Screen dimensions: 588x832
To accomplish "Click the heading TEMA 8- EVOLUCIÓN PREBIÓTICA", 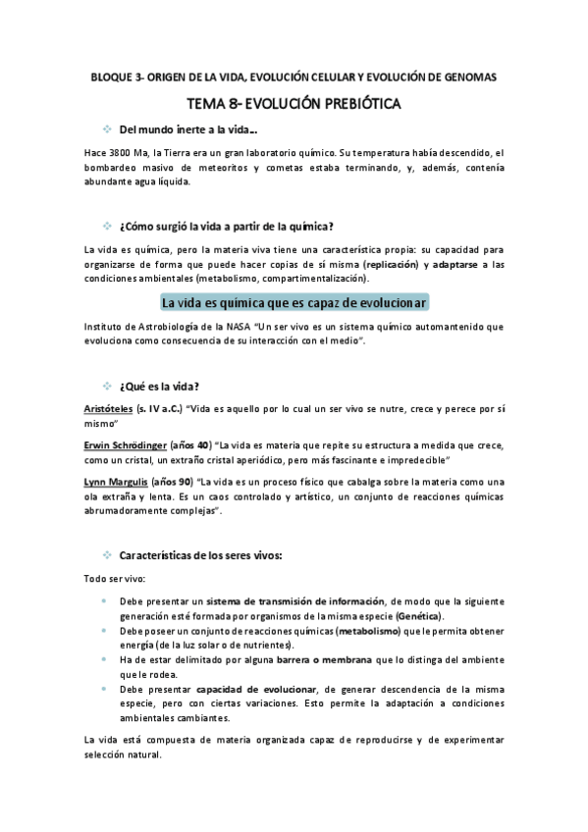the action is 294,102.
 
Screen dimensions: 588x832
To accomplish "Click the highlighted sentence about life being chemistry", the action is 294,302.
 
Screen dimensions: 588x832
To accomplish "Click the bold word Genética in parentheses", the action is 417,615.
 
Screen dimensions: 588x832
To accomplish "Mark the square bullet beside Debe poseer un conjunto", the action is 105,631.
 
